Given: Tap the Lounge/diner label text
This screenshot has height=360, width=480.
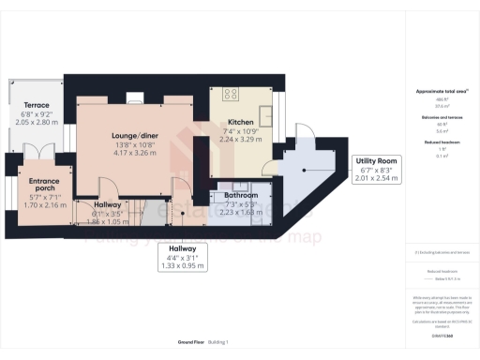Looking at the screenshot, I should (x=135, y=136).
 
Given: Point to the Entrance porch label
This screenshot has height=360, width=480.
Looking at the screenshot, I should (x=44, y=186).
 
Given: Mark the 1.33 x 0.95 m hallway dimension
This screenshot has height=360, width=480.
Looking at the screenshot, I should (x=183, y=265).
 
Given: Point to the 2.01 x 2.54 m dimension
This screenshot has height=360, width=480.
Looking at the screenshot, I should (x=376, y=175).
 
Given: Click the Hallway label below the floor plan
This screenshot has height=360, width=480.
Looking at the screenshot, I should (x=183, y=247).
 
